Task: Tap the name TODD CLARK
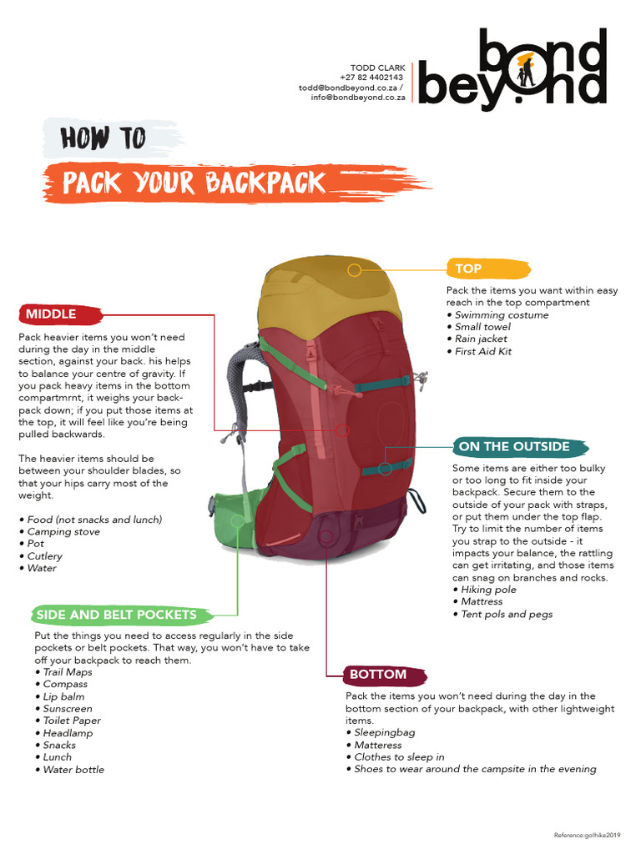(x=377, y=68)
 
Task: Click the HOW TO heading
(x=103, y=138)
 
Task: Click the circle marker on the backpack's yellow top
(x=355, y=270)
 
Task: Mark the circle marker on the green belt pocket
(x=238, y=520)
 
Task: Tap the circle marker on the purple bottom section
(x=326, y=538)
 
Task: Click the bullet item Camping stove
(x=63, y=531)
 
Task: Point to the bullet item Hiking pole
(x=488, y=590)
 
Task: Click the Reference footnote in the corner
(x=588, y=835)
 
